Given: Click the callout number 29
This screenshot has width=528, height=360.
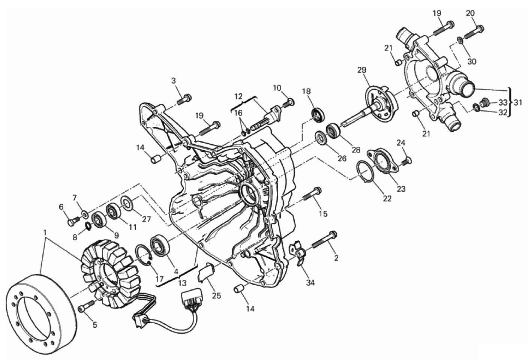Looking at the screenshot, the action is coord(362,70).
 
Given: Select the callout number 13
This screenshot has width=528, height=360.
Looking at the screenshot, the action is coord(182,283).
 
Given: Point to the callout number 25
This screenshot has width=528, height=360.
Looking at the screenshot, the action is coord(216,295).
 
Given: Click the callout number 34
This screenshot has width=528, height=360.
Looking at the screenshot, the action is coord(310,282).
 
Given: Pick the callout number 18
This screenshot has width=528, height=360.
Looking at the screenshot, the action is coord(306,91).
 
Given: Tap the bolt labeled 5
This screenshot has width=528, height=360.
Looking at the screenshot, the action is coord(87,306).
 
